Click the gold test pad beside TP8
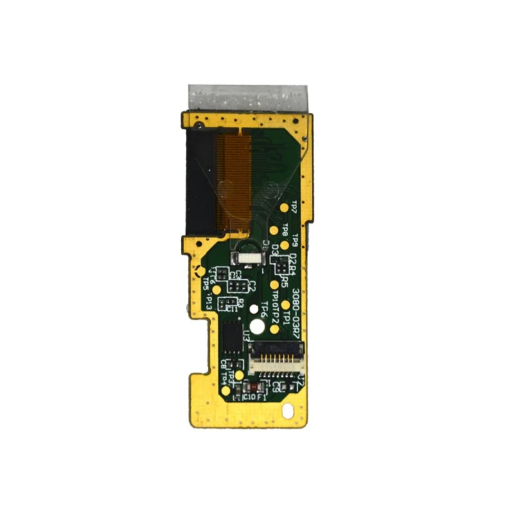(274, 228)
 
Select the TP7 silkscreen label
(294, 207)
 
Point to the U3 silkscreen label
(246, 335)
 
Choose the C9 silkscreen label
(278, 387)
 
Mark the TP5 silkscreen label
(206, 283)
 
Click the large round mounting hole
(257, 326)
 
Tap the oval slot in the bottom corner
(289, 409)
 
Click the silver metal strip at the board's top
(249, 98)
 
